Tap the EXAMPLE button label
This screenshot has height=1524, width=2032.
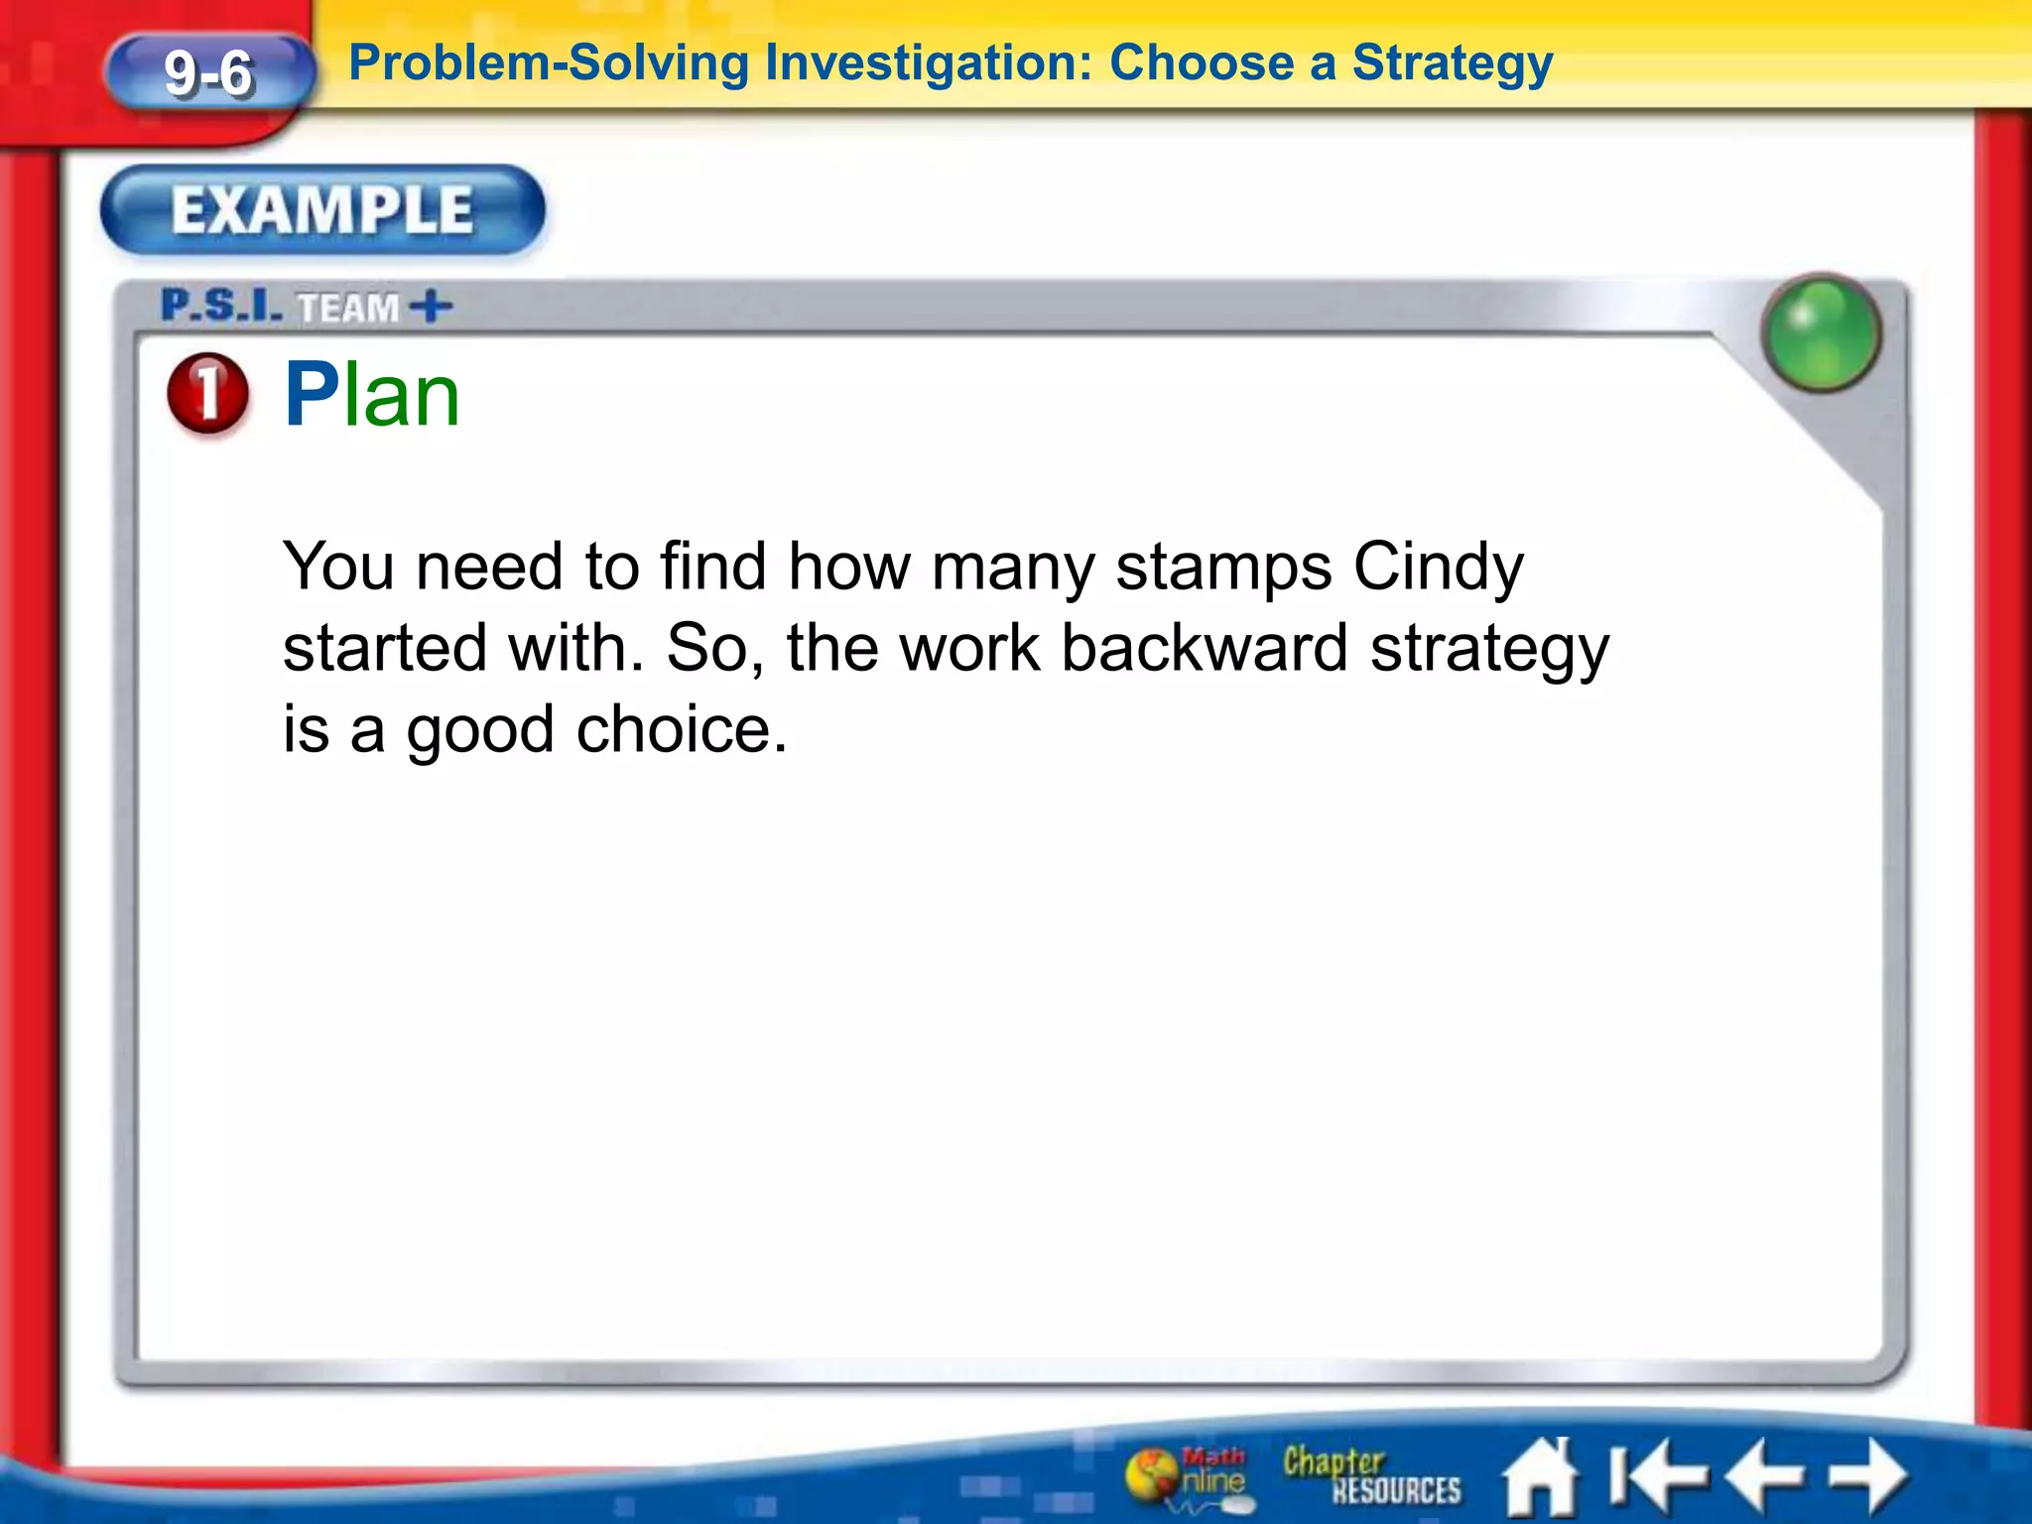pos(322,210)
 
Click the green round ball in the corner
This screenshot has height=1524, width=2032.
pos(1821,332)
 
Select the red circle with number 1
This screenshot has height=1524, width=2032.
pos(207,393)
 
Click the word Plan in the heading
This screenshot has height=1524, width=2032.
pos(372,395)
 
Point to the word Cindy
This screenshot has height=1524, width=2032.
pos(1438,568)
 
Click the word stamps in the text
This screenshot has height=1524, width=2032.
pos(1223,568)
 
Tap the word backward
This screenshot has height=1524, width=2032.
pos(1205,649)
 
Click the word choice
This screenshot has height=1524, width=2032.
pos(682,730)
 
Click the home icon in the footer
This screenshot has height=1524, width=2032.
pos(1539,1476)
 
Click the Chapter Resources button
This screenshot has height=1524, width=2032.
pos(1371,1475)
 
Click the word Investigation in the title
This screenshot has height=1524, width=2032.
pos(923,63)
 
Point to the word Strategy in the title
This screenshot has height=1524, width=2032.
pos(1453,63)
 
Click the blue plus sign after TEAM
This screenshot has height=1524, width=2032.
pos(432,307)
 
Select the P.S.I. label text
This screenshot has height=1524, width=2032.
pos(221,306)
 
